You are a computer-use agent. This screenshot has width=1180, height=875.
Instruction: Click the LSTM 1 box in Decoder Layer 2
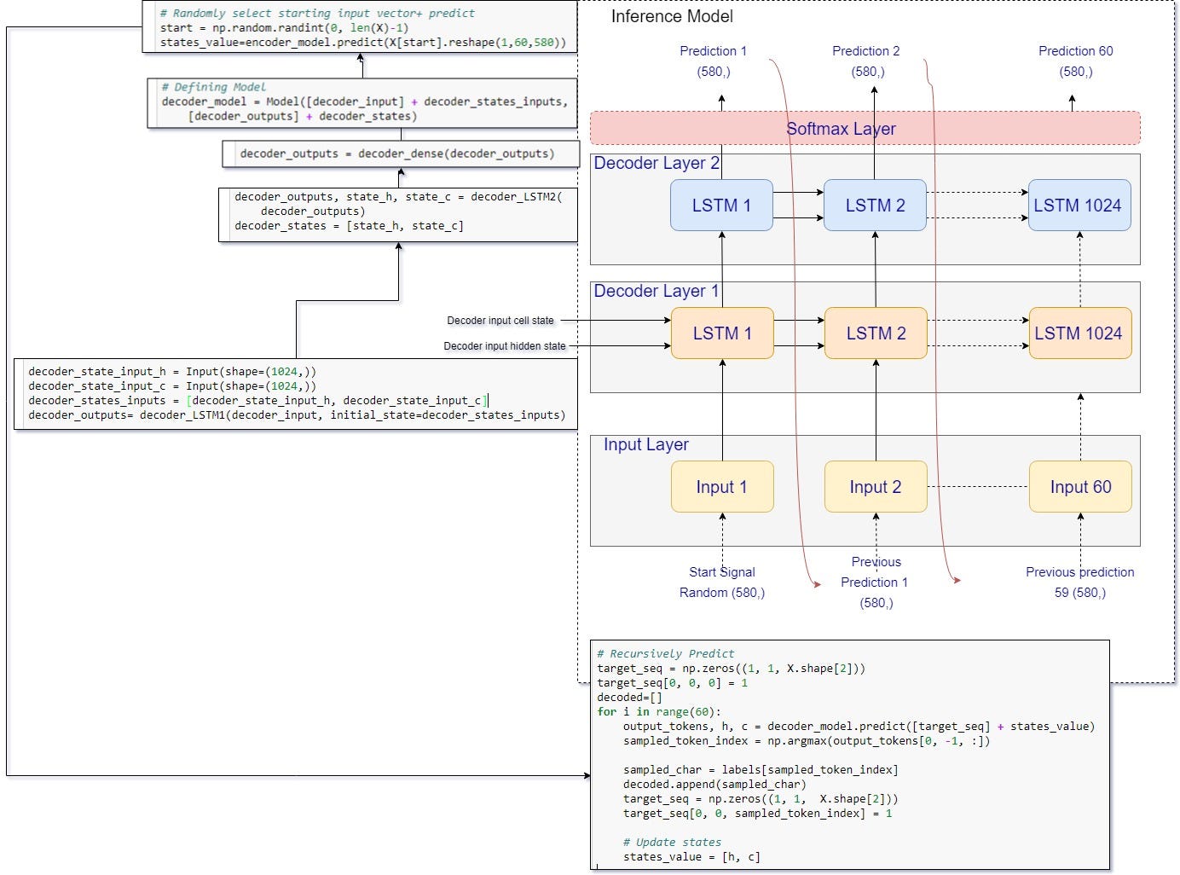[721, 206]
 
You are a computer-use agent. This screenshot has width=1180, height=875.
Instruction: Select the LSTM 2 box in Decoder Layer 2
[875, 206]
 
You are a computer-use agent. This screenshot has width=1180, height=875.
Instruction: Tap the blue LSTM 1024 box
[1079, 206]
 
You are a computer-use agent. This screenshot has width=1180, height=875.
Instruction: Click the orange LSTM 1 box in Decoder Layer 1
[722, 333]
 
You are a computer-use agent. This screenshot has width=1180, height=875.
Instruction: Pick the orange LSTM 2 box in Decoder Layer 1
[876, 333]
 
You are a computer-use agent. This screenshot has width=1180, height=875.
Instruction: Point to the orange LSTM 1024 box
[1079, 333]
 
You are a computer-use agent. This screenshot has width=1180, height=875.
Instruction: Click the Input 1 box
[721, 487]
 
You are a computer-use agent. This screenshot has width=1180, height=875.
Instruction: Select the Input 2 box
[875, 487]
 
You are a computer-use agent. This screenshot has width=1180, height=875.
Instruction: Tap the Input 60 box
[1079, 487]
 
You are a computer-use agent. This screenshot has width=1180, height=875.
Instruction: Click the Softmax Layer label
[841, 129]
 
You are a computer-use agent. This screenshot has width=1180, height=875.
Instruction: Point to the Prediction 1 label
[713, 51]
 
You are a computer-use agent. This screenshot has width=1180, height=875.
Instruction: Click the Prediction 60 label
[1075, 51]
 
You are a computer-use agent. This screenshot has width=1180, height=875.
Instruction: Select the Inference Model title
[672, 16]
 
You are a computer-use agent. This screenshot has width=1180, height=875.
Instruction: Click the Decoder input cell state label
[500, 321]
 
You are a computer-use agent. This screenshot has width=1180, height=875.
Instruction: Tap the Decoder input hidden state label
[505, 346]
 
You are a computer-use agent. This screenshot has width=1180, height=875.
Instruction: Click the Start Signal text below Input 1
[721, 572]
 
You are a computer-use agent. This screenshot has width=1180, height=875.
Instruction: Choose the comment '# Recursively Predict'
[665, 654]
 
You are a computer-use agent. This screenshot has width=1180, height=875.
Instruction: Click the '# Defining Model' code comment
[213, 87]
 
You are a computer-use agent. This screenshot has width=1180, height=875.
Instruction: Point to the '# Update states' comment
[672, 843]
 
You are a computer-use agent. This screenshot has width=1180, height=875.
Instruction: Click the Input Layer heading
[645, 444]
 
